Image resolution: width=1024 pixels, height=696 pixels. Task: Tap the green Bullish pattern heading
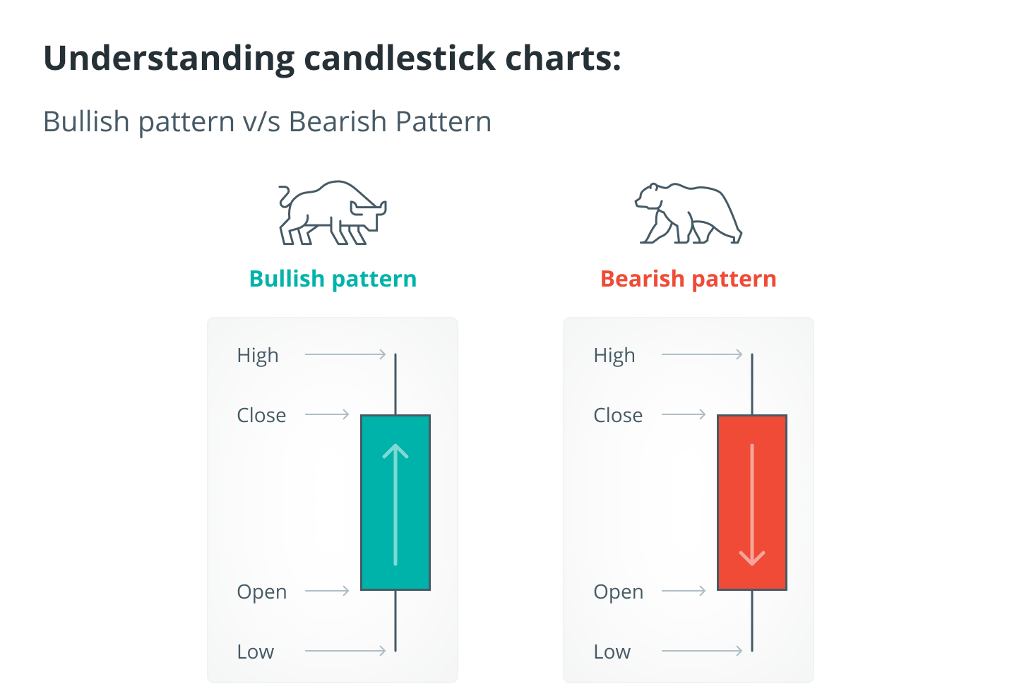[x=333, y=279]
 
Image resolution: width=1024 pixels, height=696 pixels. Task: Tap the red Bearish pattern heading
[x=688, y=279]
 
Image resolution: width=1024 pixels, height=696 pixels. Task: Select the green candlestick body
[x=395, y=503]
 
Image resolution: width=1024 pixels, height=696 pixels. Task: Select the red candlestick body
[x=752, y=503]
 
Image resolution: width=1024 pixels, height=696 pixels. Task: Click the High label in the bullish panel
[x=258, y=356]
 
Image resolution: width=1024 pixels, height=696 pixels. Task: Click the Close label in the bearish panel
[x=618, y=415]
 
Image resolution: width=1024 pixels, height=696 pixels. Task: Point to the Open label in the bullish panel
[x=262, y=592]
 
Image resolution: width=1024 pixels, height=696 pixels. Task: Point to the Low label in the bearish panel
[x=612, y=652]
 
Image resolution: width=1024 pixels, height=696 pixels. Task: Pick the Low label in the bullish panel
[x=256, y=652]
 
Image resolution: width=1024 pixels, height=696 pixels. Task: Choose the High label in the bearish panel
[x=614, y=356]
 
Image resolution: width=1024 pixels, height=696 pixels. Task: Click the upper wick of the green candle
[x=395, y=384]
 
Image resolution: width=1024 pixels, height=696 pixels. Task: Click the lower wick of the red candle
[x=752, y=621]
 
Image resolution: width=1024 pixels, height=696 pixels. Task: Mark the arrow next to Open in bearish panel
[x=684, y=591]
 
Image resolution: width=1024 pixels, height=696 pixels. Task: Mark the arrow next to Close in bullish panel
[x=327, y=414]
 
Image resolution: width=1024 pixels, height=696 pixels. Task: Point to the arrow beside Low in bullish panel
[x=345, y=650]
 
